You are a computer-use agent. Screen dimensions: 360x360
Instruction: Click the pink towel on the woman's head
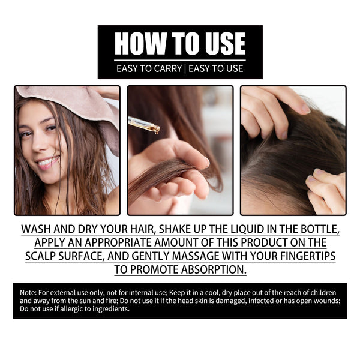click(x=72, y=102)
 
